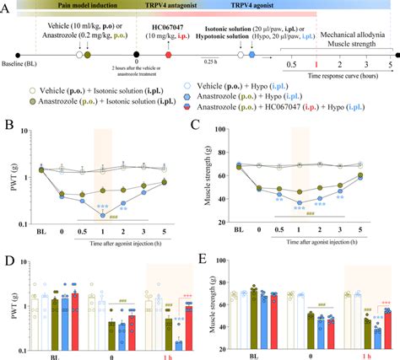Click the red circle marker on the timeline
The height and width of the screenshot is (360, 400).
[169, 54]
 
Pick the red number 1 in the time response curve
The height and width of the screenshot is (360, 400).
[316, 63]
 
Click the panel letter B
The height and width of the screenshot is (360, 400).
[8, 126]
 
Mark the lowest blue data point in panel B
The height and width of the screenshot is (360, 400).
[103, 215]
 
